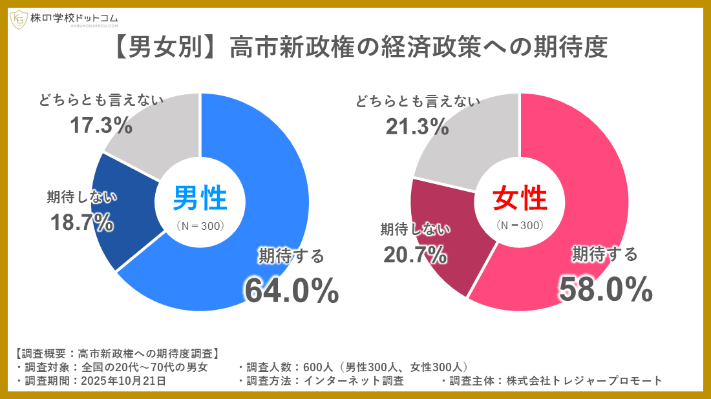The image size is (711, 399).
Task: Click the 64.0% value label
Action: coord(291,291)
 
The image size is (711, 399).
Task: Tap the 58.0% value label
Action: coord(606,291)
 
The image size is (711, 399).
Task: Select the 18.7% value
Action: coord(82,223)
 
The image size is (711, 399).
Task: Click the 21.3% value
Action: coord(417,127)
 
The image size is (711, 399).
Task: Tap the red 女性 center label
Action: coord(520,198)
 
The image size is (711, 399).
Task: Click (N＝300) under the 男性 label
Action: coord(200,226)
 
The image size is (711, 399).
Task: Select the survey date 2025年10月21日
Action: coord(123,381)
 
